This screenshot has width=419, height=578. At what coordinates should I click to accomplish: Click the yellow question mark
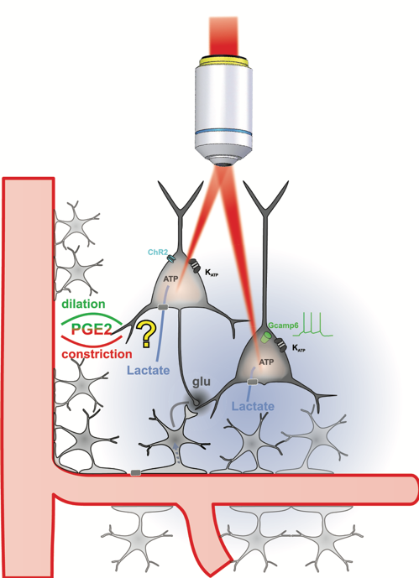(146, 334)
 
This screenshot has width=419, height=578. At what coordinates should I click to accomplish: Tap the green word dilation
(83, 304)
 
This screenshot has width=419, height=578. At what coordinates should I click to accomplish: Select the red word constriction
(97, 354)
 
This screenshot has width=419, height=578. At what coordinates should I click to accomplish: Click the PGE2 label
(91, 329)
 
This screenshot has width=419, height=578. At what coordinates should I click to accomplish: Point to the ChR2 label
(158, 253)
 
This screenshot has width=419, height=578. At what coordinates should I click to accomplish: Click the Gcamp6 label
(283, 325)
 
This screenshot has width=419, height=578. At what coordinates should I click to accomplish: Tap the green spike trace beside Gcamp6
(313, 325)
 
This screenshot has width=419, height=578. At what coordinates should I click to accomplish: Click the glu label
(202, 382)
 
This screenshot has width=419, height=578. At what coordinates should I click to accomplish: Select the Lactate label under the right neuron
(253, 406)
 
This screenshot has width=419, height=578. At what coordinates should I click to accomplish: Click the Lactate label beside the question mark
(149, 370)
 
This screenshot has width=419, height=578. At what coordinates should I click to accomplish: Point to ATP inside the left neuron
(170, 279)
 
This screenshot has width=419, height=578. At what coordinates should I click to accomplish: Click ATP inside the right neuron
(266, 362)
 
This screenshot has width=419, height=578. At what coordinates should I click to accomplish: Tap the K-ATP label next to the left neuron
(212, 273)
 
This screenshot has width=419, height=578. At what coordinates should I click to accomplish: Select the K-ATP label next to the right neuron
(298, 347)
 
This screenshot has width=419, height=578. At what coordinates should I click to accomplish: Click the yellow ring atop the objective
(224, 61)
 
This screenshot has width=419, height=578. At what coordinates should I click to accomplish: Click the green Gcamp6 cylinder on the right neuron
(265, 337)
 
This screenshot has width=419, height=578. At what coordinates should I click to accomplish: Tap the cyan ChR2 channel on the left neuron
(171, 258)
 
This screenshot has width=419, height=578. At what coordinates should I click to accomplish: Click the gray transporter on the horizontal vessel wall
(136, 473)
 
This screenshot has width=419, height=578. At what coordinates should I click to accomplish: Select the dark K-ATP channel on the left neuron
(195, 265)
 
